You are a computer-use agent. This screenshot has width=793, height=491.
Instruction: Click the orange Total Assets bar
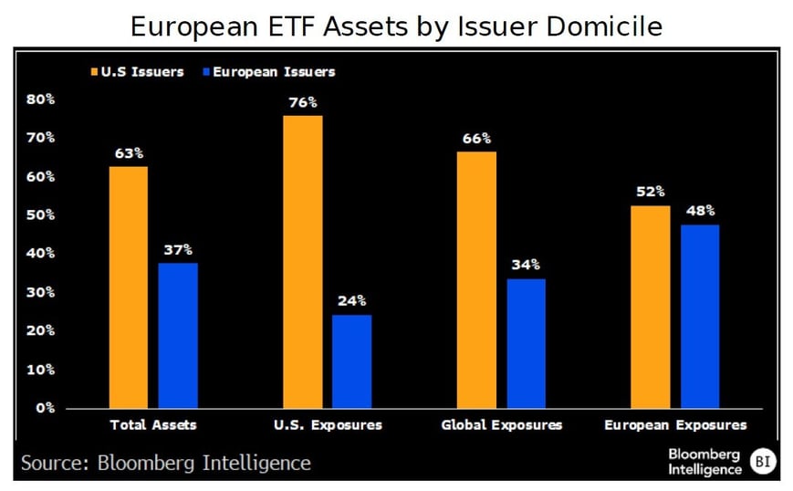[x=128, y=287]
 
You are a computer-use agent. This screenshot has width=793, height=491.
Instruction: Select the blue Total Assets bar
[x=178, y=335]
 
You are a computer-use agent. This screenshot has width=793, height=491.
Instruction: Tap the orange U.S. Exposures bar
[x=302, y=261]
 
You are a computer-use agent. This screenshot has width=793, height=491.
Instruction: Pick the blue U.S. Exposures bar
[x=351, y=360]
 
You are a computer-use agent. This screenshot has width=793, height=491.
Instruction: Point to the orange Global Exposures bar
[x=476, y=279]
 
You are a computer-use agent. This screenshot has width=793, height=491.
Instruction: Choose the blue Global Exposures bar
[x=527, y=342]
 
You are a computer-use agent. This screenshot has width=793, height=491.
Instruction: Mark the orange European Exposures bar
[x=651, y=307]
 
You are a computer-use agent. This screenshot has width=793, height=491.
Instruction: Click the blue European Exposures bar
[x=700, y=316]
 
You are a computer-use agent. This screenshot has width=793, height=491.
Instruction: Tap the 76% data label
[x=302, y=101]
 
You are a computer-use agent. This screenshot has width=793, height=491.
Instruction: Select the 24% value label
[x=351, y=300]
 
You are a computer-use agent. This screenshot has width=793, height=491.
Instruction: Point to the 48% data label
[x=700, y=210]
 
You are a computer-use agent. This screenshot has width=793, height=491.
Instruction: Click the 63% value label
[x=128, y=152]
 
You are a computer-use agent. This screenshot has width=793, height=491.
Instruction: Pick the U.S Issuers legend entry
[x=138, y=71]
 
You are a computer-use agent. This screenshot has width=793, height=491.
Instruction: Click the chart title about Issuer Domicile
[x=396, y=26]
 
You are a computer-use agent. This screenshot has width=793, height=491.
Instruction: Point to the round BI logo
[x=761, y=461]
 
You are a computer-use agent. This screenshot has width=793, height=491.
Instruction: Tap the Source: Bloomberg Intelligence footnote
[x=165, y=463]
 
